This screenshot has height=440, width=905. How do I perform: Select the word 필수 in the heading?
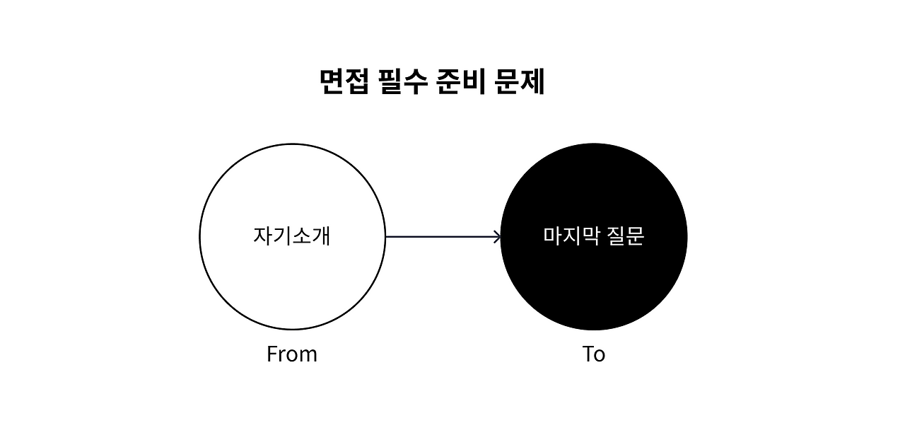[404, 83]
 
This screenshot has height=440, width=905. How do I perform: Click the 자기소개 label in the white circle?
[292, 236]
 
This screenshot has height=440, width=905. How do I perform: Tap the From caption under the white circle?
[292, 354]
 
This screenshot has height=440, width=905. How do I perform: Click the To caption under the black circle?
[594, 354]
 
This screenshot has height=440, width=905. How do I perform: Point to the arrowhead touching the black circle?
[498, 237]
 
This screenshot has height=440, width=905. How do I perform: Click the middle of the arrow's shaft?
[443, 237]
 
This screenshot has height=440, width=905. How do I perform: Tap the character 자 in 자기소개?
[263, 236]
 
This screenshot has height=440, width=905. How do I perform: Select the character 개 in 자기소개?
[321, 236]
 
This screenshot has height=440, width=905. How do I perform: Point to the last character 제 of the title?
[532, 83]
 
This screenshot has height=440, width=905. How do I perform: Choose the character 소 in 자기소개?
[301, 236]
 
